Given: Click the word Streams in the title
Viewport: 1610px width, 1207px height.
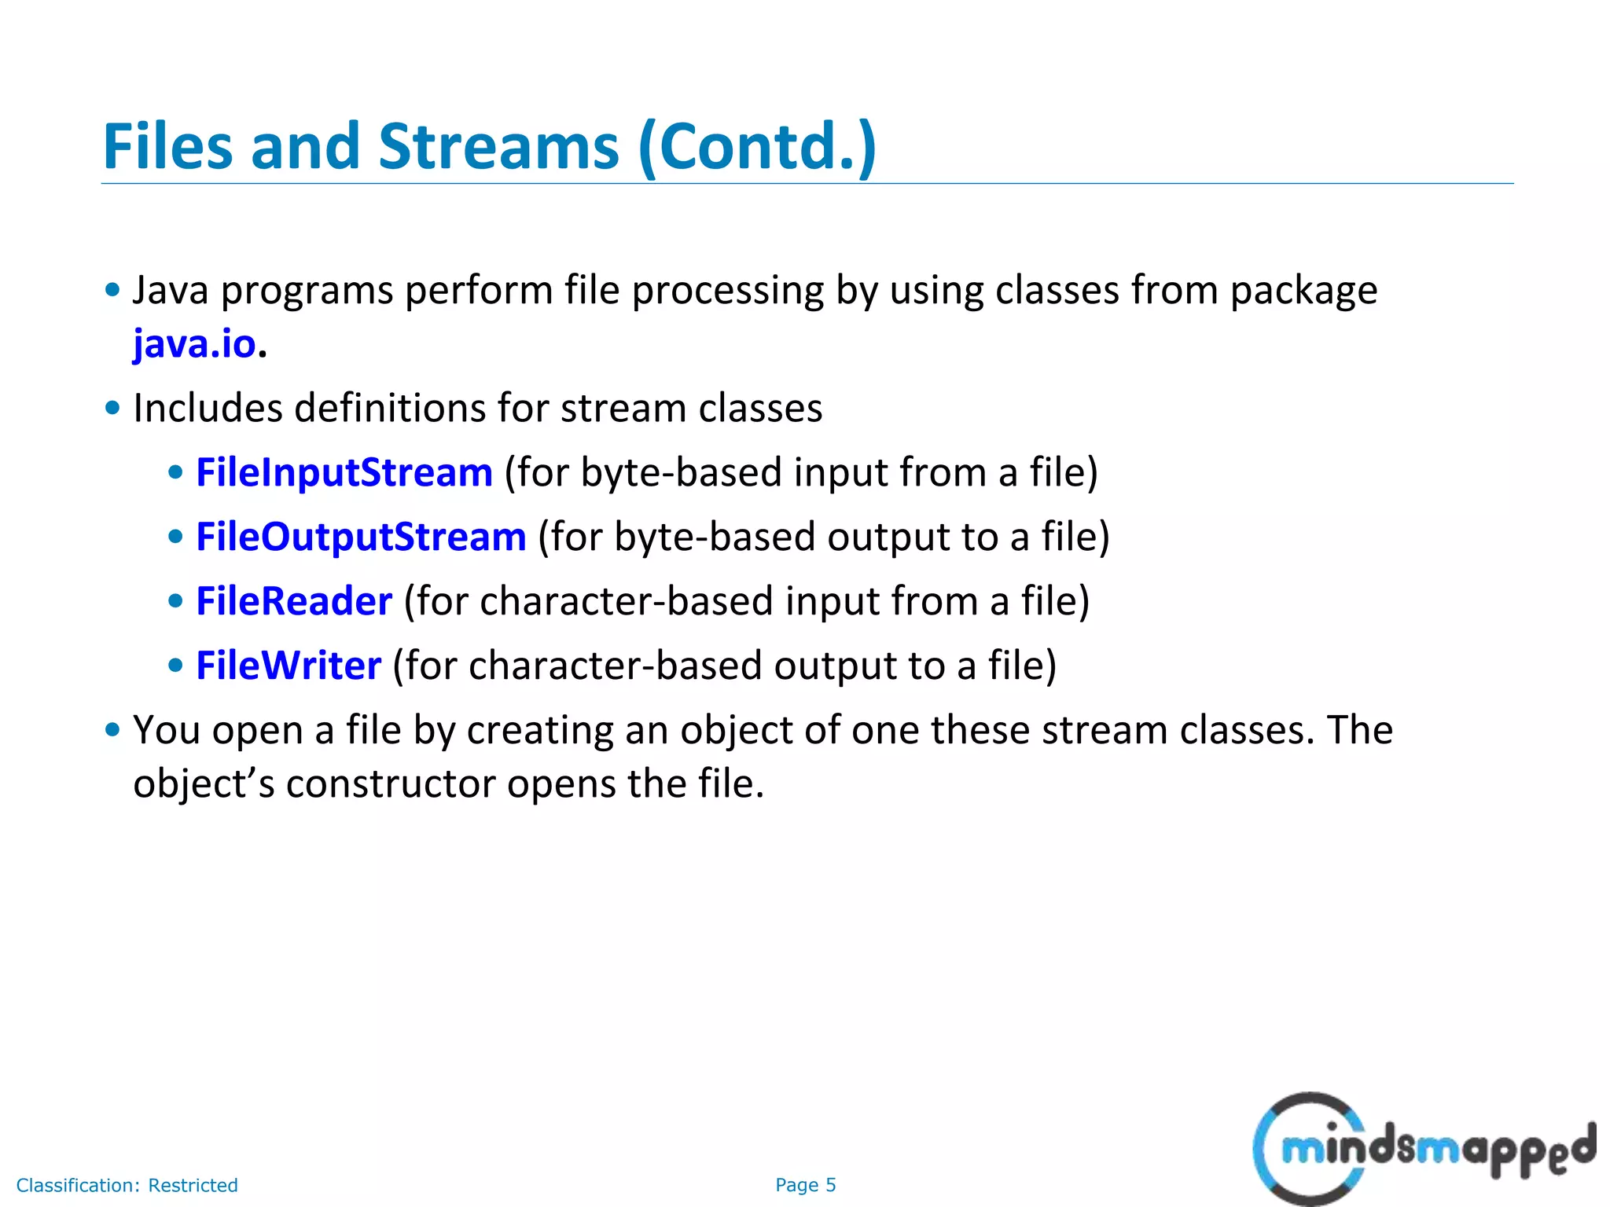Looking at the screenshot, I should pyautogui.click(x=498, y=147).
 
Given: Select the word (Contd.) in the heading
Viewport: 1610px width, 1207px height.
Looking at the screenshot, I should pyautogui.click(x=757, y=147).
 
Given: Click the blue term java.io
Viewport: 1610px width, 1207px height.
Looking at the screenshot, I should pyautogui.click(x=194, y=344).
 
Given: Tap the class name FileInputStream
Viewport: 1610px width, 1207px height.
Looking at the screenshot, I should pyautogui.click(x=344, y=473).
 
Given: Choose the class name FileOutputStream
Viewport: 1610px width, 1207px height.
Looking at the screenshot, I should pyautogui.click(x=361, y=537).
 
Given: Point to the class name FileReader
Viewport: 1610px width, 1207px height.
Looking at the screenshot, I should pyautogui.click(x=294, y=602).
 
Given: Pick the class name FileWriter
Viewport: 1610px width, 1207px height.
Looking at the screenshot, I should pyautogui.click(x=289, y=666).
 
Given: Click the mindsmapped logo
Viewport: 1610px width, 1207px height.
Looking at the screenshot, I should pyautogui.click(x=1423, y=1149).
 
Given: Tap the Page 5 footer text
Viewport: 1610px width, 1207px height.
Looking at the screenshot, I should pyautogui.click(x=805, y=1185).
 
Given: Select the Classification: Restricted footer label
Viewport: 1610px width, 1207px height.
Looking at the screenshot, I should pyautogui.click(x=127, y=1185).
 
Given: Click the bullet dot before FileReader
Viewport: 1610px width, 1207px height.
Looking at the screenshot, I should pyautogui.click(x=176, y=601).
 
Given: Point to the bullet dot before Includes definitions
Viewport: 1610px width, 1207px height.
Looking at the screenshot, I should pyautogui.click(x=112, y=408).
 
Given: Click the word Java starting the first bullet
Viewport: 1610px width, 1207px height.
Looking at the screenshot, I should pyautogui.click(x=171, y=291).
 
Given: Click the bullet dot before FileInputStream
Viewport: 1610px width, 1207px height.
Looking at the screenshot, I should pyautogui.click(x=176, y=472).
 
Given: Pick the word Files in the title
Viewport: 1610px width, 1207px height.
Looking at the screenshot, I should pyautogui.click(x=168, y=147).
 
